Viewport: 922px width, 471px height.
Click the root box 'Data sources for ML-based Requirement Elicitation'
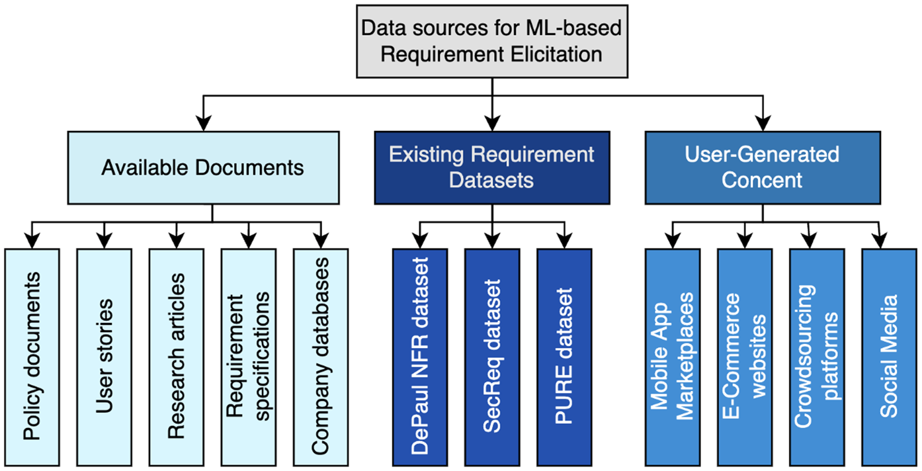point(491,41)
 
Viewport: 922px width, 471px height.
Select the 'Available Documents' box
point(203,167)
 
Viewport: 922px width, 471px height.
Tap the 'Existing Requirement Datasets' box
point(491,167)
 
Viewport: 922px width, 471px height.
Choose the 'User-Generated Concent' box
point(763,167)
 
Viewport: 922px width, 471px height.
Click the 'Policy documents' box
point(32,357)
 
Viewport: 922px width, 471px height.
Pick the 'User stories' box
point(104,357)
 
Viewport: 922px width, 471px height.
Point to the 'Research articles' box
point(176,357)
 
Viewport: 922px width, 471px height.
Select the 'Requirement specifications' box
point(248,357)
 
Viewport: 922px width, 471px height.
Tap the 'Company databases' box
point(320,357)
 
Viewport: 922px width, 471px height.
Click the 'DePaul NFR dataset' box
point(419,357)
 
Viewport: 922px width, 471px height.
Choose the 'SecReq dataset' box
point(491,357)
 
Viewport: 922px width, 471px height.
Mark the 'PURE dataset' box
point(564,357)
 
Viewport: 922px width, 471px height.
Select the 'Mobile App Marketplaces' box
point(673,357)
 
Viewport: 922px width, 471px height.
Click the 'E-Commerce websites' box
point(745,357)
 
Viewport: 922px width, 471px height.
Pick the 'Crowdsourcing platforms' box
point(817,357)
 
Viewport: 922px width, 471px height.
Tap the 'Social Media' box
point(889,357)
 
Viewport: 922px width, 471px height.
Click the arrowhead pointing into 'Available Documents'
point(204,123)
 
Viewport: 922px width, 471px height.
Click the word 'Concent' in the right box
point(762,180)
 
